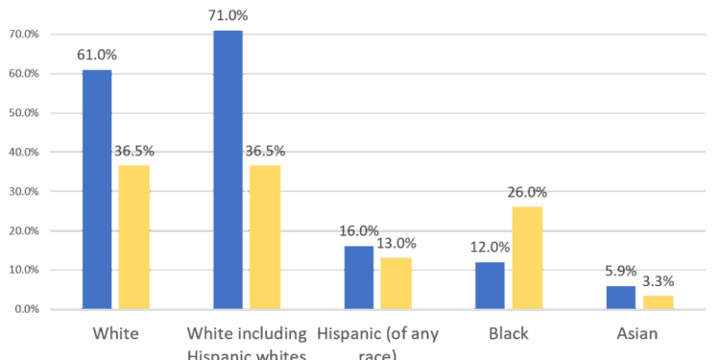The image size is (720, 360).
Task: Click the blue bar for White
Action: (97, 188)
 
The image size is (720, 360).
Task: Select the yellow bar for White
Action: (133, 236)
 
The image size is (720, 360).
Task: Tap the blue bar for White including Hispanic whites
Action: (228, 169)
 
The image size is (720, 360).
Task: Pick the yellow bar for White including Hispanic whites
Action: (264, 236)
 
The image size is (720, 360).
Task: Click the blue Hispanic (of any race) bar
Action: (358, 276)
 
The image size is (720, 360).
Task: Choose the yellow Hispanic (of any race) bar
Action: (396, 282)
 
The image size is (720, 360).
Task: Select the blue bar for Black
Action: (490, 284)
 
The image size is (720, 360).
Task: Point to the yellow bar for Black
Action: (526, 257)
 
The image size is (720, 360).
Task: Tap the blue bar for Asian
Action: (620, 297)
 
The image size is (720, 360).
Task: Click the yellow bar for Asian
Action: (658, 301)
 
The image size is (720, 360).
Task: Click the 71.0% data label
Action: (228, 15)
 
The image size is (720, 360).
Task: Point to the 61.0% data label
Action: (97, 55)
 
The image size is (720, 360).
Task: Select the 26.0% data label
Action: (526, 192)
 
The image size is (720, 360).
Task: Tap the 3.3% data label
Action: (658, 281)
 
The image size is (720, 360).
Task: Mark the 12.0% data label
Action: (490, 247)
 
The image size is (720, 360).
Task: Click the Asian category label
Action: (638, 334)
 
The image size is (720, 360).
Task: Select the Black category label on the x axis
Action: (508, 334)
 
